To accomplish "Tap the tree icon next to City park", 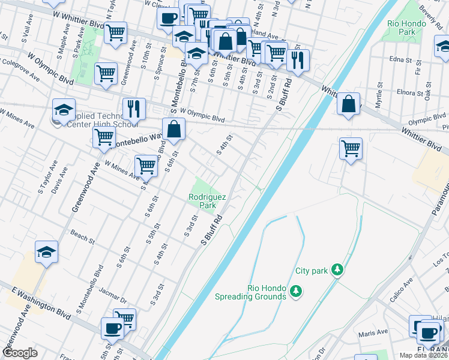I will (x=338, y=271).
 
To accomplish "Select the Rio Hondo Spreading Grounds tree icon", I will (x=295, y=292).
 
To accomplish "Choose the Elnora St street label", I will (x=411, y=92).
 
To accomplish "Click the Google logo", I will (x=20, y=353).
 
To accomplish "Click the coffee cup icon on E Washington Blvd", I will (x=112, y=328).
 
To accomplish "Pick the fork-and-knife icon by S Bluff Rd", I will (x=298, y=59).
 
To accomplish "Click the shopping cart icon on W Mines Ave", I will (x=146, y=165).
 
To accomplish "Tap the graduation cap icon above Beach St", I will (x=46, y=252).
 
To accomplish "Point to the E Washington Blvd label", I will (x=37, y=298).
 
